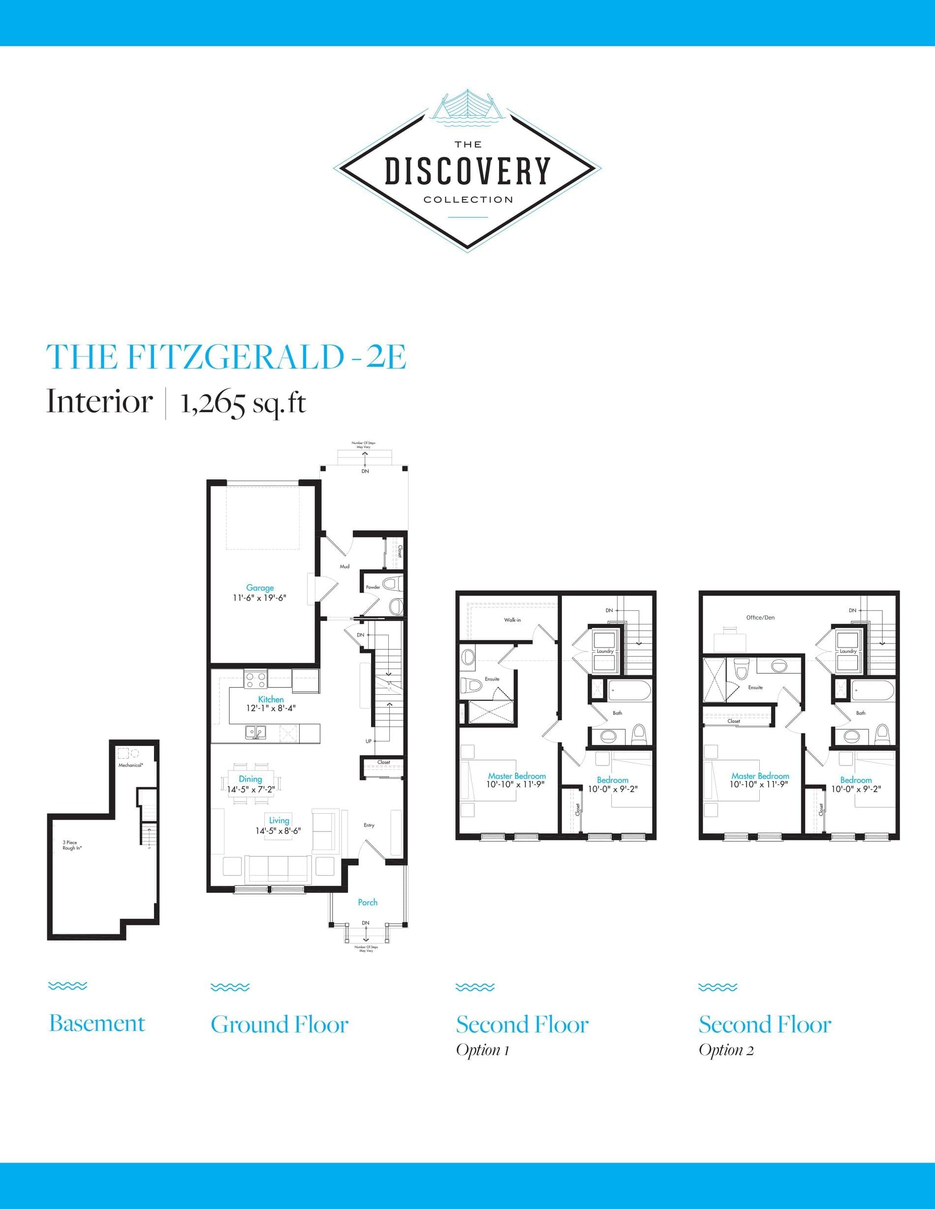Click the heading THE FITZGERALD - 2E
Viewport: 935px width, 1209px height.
[x=226, y=357]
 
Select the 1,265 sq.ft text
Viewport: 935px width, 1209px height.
[x=243, y=403]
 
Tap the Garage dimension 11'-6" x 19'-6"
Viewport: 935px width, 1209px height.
[x=260, y=598]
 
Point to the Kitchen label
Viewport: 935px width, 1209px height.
[x=271, y=699]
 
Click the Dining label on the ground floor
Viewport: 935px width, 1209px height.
[x=250, y=779]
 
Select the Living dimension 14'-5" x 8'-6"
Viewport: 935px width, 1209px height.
[x=278, y=831]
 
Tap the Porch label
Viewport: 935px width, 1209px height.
[x=367, y=902]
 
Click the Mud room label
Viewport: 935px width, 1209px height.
[x=344, y=566]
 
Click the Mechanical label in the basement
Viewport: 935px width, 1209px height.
[x=131, y=765]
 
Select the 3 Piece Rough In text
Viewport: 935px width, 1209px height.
[x=71, y=845]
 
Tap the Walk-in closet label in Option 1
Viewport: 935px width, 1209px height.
[x=512, y=620]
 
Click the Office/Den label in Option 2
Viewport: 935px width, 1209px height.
[x=760, y=617]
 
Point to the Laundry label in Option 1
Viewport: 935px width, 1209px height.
[x=605, y=651]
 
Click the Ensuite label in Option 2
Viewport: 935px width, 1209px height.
[x=755, y=687]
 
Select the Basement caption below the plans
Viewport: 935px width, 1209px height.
[x=97, y=1024]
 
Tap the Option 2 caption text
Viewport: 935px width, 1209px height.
[x=726, y=1050]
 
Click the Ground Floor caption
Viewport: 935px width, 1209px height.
[x=280, y=1025]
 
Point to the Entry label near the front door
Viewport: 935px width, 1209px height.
[x=369, y=826]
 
